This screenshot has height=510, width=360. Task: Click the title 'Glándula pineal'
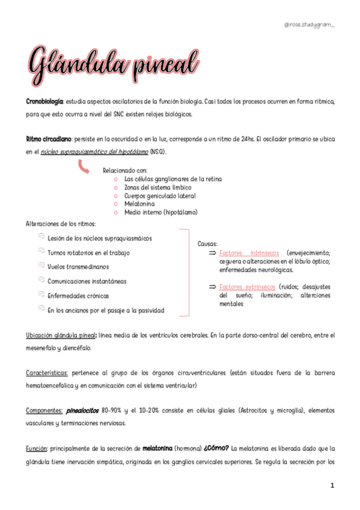coord(112,63)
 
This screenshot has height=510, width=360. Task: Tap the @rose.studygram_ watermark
coord(310,25)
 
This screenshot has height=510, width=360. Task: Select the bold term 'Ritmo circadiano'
coord(49,140)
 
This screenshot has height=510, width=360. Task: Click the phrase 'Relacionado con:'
coord(125,171)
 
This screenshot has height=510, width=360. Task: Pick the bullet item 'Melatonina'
coord(139,204)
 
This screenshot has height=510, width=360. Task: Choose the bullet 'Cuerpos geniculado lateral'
coord(160,195)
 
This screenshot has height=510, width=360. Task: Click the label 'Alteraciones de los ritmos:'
coord(56,224)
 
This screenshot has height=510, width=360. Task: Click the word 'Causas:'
coord(207,244)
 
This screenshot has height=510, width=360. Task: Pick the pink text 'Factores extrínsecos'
coord(248,287)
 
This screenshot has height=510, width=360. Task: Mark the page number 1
coord(332,485)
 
